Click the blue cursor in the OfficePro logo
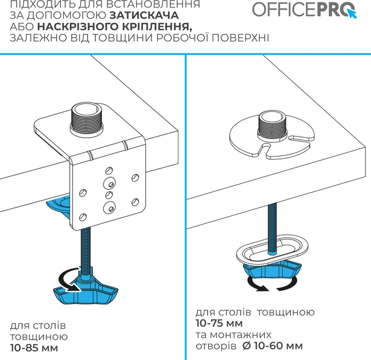coord(352,14)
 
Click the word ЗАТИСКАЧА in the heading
coord(144,15)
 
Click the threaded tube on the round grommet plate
coord(273,125)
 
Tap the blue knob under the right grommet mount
coord(272,269)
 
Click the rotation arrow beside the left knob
coord(65,279)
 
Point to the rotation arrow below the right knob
coord(272,286)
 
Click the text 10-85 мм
coord(34,348)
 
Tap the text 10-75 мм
coord(219,323)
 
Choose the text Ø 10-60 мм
coord(273,346)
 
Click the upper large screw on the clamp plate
coord(109,183)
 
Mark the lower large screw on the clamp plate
coord(109,207)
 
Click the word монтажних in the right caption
coord(241,335)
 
